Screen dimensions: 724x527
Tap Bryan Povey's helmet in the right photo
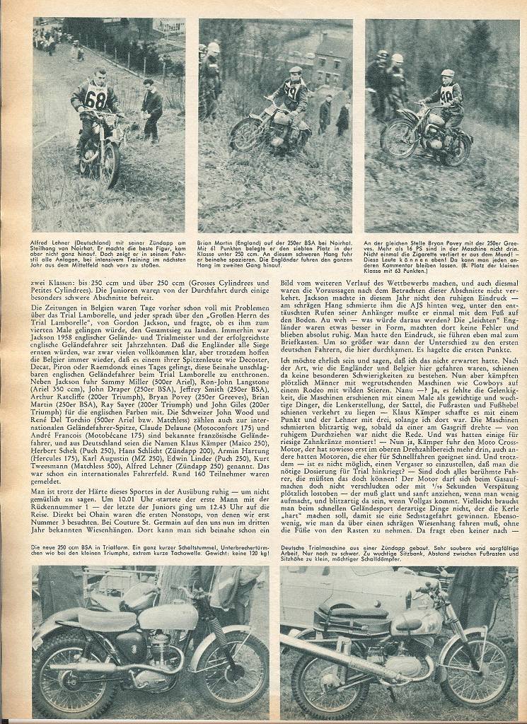point(447,74)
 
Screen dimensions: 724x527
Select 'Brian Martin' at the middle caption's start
point(215,241)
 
